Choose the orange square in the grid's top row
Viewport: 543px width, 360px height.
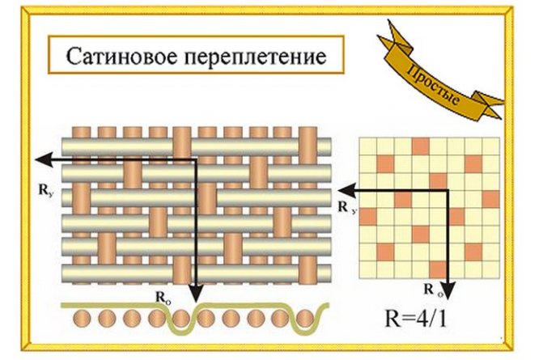pyautogui.click(x=419, y=146)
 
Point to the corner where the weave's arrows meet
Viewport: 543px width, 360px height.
pyautogui.click(x=193, y=160)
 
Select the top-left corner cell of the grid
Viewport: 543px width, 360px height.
pyautogui.click(x=367, y=146)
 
